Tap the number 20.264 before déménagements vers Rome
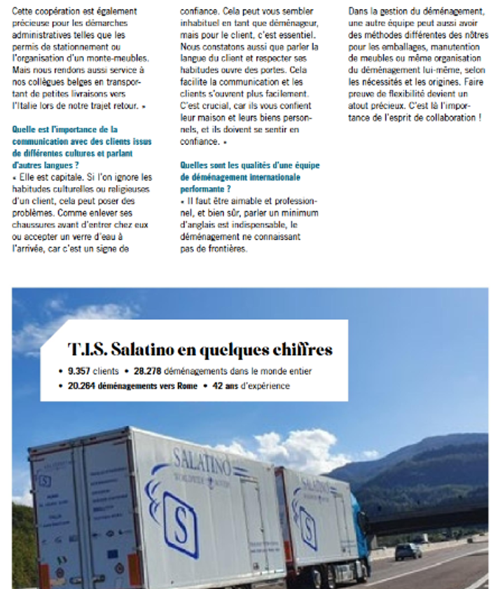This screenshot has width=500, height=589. (79, 386)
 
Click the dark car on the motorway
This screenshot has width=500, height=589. (408, 551)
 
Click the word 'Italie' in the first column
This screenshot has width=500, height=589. (25, 104)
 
